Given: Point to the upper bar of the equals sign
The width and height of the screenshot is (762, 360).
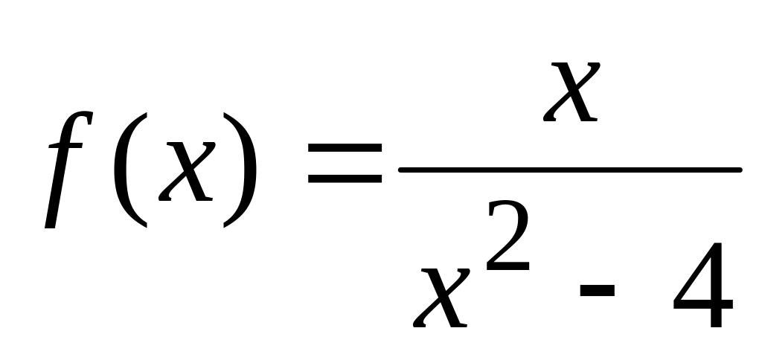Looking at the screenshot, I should [x=345, y=158].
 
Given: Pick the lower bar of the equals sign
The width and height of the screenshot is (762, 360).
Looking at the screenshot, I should [x=345, y=180].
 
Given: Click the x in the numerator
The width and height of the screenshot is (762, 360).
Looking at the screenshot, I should [x=571, y=91].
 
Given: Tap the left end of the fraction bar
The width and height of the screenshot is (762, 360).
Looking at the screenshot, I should [x=403, y=170].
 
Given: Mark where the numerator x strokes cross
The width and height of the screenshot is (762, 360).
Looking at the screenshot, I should [x=571, y=91].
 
